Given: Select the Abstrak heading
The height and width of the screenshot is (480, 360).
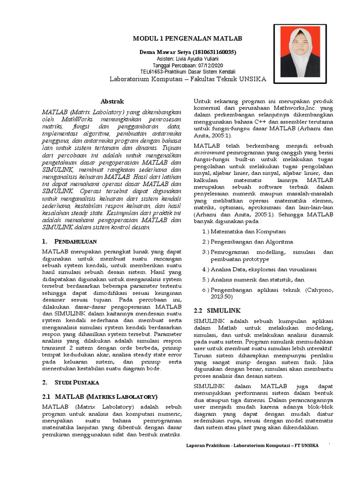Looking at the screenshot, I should point(112,101).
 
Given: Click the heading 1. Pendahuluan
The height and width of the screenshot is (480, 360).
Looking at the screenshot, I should point(72,241).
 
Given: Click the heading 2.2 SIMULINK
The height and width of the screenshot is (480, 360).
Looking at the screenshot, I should point(217,311).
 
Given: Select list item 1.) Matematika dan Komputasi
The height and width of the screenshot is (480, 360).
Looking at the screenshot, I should point(244,231).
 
